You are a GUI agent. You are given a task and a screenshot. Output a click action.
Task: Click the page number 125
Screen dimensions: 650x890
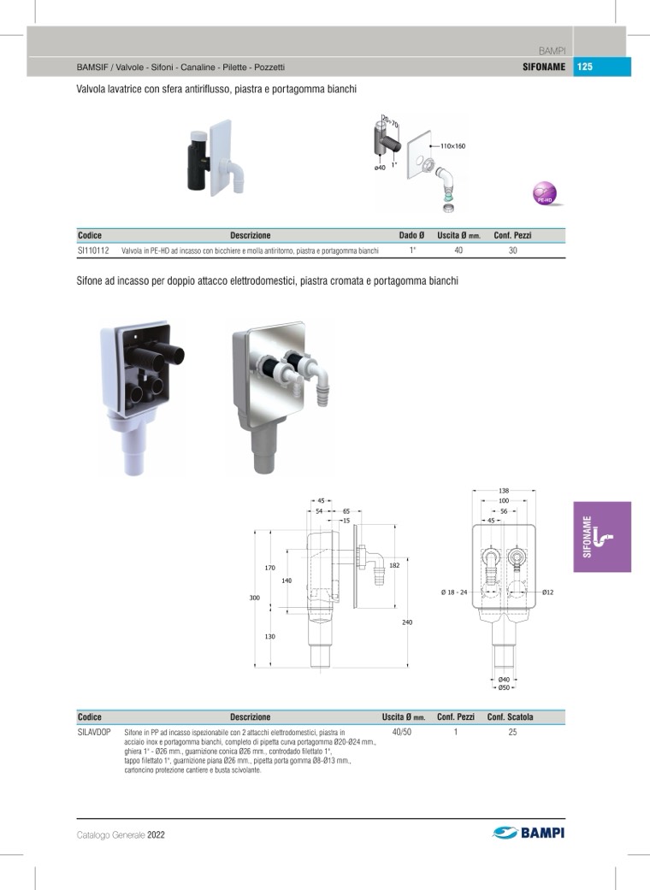click(x=585, y=67)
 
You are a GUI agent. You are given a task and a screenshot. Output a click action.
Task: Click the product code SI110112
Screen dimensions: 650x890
click(x=93, y=250)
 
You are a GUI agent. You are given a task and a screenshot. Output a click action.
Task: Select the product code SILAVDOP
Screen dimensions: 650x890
click(x=94, y=732)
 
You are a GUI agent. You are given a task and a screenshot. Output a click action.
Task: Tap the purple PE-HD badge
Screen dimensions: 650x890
click(x=545, y=193)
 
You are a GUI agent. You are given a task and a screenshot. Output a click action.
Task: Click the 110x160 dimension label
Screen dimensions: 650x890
click(x=453, y=146)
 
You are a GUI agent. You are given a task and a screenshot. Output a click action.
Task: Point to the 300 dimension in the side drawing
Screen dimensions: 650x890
click(x=254, y=598)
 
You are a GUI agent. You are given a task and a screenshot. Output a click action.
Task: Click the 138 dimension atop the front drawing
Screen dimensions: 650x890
click(x=504, y=491)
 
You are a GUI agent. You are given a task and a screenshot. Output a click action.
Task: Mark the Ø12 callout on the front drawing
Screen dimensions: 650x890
click(x=547, y=592)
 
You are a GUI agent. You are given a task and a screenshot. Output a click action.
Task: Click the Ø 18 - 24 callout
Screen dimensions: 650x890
click(x=453, y=592)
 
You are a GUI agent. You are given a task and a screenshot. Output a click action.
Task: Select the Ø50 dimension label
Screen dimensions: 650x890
click(x=504, y=688)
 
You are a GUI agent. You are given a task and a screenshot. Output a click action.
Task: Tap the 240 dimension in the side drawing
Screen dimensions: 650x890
click(x=407, y=622)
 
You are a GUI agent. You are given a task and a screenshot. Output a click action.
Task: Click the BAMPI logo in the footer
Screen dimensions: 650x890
click(x=529, y=833)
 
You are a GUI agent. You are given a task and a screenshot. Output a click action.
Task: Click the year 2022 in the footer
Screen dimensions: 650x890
click(x=156, y=835)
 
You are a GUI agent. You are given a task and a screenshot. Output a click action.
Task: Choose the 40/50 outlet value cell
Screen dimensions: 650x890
click(x=402, y=732)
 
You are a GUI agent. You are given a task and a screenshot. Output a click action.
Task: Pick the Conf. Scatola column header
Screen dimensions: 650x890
click(x=510, y=717)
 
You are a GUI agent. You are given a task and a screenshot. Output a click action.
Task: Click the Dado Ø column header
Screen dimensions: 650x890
click(x=411, y=235)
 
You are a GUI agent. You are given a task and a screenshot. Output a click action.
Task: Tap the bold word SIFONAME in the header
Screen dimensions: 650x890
click(x=544, y=67)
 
